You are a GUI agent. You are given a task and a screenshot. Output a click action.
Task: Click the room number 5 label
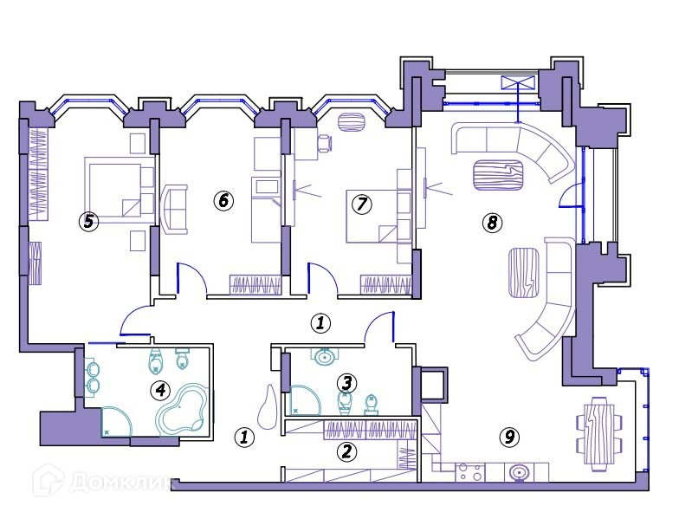(x=87, y=221)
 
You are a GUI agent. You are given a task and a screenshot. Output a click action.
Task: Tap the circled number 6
(x=223, y=201)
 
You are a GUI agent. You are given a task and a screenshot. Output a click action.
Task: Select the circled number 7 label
(x=361, y=204)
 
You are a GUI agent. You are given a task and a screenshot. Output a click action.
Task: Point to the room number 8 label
(x=491, y=223)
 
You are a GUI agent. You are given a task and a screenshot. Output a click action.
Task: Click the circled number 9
(x=509, y=437)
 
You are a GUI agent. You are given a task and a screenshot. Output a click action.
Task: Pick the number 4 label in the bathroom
(x=160, y=390)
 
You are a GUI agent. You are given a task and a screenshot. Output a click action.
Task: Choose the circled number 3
(x=346, y=381)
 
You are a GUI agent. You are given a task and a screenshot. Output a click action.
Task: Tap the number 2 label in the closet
(x=346, y=451)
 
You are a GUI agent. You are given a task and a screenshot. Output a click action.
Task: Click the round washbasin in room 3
(x=325, y=356)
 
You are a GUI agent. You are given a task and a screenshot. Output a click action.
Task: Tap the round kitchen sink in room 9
(x=519, y=473)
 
